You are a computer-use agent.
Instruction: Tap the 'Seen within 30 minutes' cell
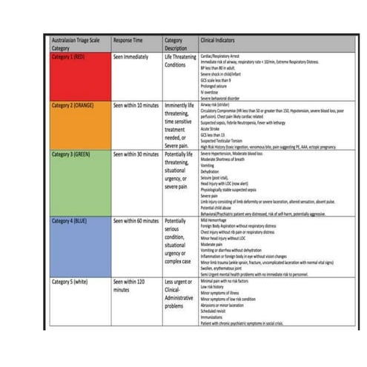136,155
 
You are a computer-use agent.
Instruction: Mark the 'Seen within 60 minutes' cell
136,221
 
